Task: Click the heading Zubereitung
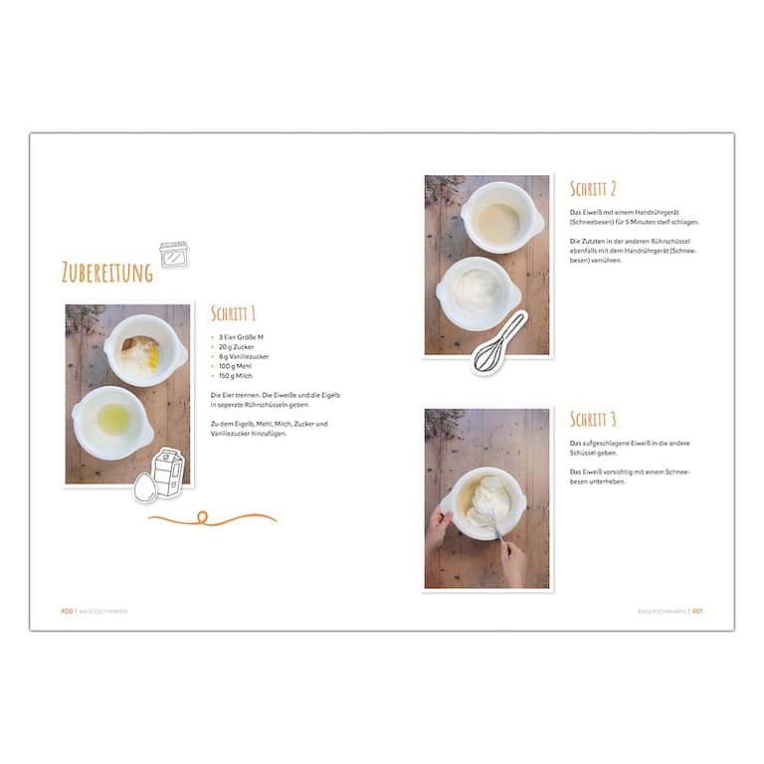click(x=106, y=273)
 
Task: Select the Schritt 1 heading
click(x=234, y=313)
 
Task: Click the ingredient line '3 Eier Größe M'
click(x=241, y=337)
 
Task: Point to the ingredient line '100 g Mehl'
click(x=236, y=366)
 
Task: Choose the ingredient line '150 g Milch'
click(x=237, y=376)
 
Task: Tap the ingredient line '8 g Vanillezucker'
click(x=244, y=356)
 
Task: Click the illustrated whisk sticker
click(x=500, y=342)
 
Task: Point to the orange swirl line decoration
click(x=212, y=517)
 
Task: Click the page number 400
click(x=67, y=611)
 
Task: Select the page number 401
click(x=697, y=611)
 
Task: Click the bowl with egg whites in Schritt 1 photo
click(x=111, y=420)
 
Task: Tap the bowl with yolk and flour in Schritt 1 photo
click(x=144, y=350)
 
